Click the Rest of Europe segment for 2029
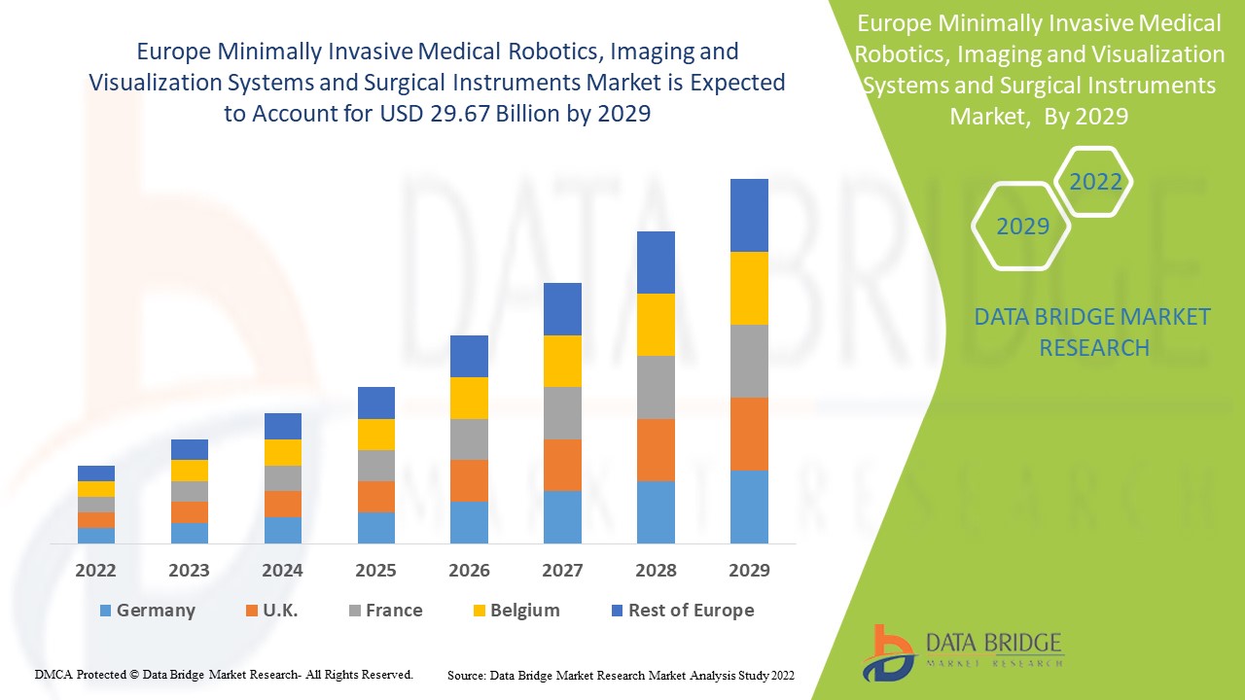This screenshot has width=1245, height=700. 749,215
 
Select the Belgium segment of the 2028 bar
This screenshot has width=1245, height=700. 656,324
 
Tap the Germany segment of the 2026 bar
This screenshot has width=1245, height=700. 469,522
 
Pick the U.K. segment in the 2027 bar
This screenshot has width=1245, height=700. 562,465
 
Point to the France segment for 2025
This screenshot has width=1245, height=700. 376,465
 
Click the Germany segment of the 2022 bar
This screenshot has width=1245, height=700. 96,535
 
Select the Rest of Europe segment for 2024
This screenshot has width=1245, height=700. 283,426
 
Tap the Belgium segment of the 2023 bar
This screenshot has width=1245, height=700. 190,470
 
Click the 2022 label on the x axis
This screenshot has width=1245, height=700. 96,570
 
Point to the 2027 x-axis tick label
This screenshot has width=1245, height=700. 562,570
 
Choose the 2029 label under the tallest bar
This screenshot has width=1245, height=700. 749,570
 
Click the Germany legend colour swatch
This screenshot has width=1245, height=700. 105,611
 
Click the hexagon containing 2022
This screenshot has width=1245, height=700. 1095,182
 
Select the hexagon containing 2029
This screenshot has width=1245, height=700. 1022,227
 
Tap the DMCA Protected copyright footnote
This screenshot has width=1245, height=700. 224,674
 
